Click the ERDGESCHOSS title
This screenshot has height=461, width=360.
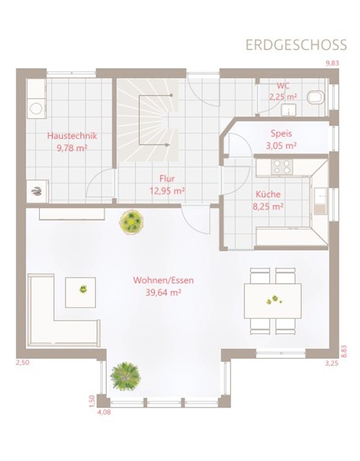296,45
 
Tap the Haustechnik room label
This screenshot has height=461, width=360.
72,136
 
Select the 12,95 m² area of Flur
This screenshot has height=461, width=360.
167,191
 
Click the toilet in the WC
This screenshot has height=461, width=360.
316,98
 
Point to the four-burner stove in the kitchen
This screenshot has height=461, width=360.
282,167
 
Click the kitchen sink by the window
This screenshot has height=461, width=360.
320,201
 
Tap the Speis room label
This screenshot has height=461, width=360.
281,134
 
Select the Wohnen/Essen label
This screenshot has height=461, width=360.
163,280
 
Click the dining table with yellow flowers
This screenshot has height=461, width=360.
272,301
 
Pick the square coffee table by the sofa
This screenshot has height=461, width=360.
80,292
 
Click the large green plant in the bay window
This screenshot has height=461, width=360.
125,376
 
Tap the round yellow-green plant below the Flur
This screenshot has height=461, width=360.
131,222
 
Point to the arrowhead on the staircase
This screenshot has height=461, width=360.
168,145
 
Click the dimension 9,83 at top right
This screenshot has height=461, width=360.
332,63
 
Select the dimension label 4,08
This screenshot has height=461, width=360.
104,412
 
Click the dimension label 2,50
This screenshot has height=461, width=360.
23,362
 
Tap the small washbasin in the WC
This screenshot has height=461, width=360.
289,110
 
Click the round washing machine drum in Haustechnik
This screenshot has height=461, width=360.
36,109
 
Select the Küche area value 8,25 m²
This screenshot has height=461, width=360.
268,207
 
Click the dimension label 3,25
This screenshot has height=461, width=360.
332,363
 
